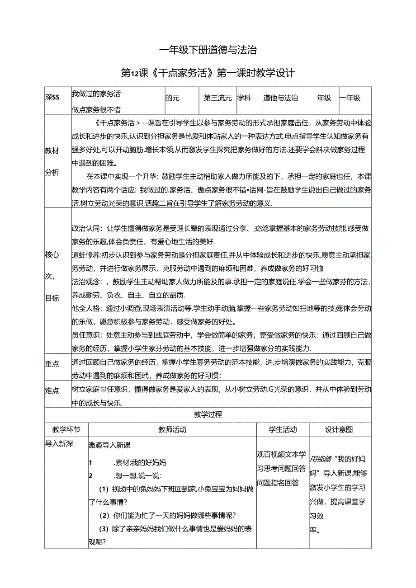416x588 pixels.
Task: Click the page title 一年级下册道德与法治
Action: tap(208, 50)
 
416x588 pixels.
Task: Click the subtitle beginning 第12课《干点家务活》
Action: tap(208, 73)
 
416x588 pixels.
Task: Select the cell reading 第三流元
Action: tap(217, 98)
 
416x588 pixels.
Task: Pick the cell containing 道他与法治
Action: tap(281, 98)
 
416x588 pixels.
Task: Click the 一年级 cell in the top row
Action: tap(350, 98)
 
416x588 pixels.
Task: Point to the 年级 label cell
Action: tap(324, 98)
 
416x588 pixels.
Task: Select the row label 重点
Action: tap(52, 364)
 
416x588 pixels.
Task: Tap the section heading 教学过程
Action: tap(208, 414)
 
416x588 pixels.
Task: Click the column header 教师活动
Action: tap(172, 429)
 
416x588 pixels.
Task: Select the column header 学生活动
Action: tap(283, 429)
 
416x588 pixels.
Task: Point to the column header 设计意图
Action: tap(339, 429)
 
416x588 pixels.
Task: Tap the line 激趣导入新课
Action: tap(110, 445)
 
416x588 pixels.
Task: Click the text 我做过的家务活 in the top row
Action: tap(96, 94)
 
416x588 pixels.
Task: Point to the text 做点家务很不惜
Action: tap(96, 109)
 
